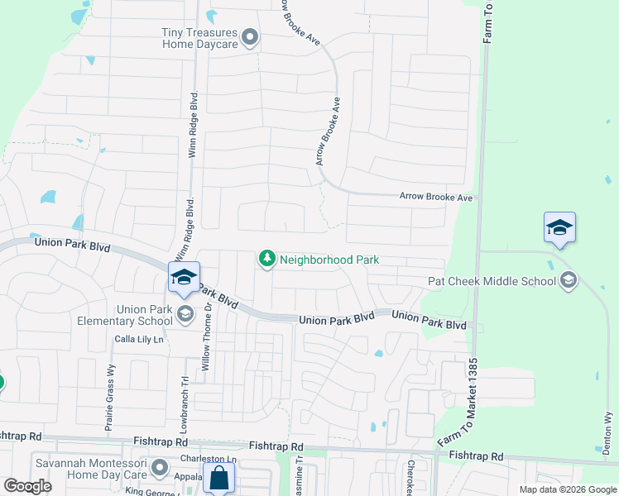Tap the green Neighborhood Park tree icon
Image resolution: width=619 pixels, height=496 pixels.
point(266,260)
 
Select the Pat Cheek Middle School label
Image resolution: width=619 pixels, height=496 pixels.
point(492,281)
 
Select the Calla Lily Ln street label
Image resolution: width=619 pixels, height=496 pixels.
point(140,339)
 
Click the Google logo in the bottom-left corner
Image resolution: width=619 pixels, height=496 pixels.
point(27,486)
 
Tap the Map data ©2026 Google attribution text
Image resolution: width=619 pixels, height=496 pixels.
point(567,489)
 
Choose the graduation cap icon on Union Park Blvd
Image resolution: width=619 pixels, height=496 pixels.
point(184,278)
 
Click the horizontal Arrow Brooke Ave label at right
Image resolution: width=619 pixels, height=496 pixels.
point(435,198)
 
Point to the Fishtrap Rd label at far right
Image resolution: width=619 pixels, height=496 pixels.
point(476,455)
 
